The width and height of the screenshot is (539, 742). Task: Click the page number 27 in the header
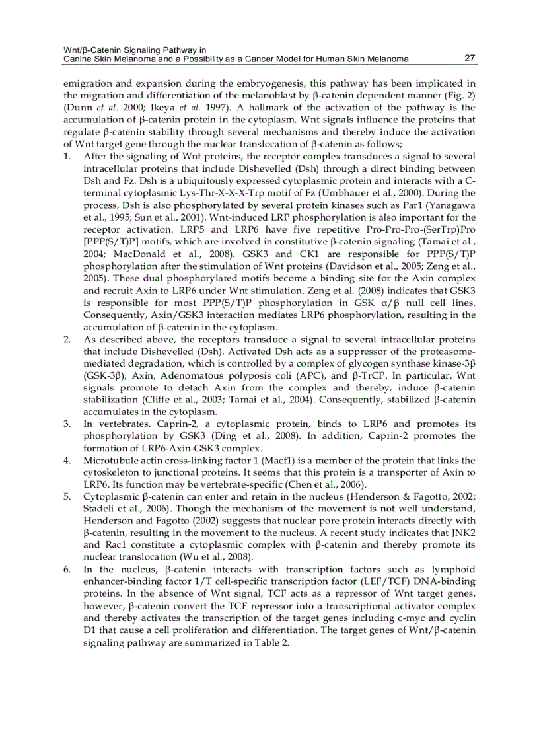470,58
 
